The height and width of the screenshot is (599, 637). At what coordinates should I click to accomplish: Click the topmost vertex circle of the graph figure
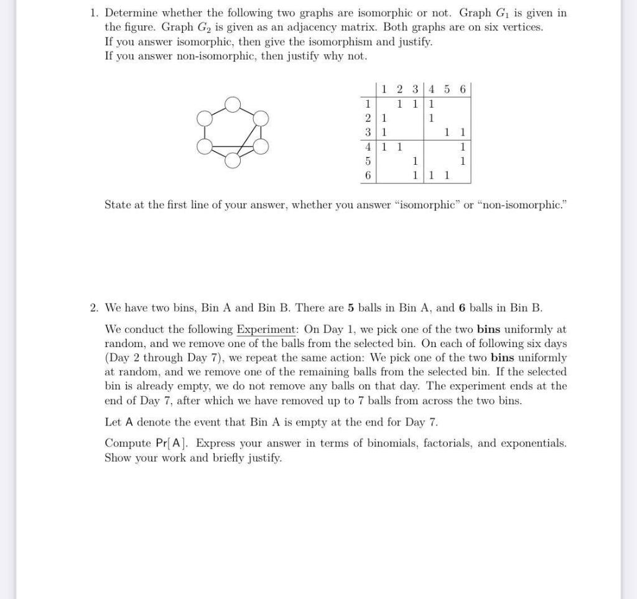point(232,104)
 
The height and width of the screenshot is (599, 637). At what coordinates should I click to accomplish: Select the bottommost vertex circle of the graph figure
point(232,160)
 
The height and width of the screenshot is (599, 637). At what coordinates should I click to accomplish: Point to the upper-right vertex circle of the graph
point(261,118)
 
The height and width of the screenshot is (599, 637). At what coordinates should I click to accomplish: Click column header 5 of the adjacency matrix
point(447,89)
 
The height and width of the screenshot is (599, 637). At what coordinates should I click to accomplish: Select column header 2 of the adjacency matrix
point(399,89)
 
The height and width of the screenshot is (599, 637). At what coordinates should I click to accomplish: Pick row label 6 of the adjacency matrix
point(368,176)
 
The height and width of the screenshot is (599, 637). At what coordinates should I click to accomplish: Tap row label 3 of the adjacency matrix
point(368,132)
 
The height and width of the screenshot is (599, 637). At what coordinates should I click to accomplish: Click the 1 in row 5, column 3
point(415,161)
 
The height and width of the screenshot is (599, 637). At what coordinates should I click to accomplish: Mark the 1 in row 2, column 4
point(431,118)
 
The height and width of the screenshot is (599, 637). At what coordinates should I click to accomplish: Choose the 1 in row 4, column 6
point(462,147)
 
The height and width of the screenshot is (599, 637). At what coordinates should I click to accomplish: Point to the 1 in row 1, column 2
point(399,103)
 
